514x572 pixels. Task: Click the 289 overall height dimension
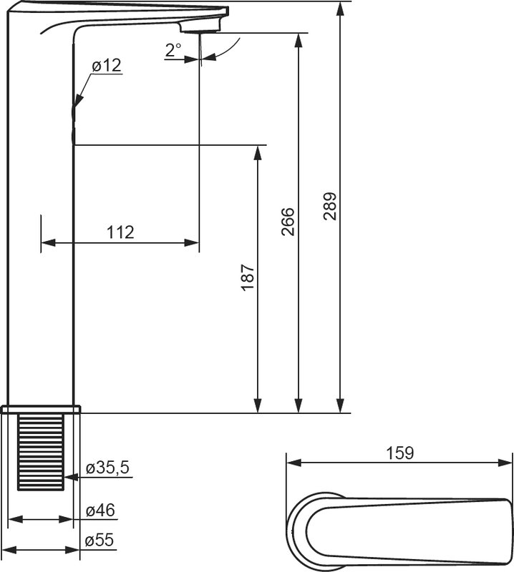pyautogui.click(x=330, y=206)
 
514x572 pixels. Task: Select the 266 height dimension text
pyautogui.click(x=288, y=222)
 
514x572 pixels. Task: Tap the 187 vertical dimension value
pyautogui.click(x=248, y=277)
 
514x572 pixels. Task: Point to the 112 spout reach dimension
pyautogui.click(x=120, y=232)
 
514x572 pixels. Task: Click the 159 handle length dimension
pyautogui.click(x=400, y=453)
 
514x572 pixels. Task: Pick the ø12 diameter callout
pyautogui.click(x=107, y=66)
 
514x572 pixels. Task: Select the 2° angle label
pyautogui.click(x=173, y=50)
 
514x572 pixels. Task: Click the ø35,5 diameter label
pyautogui.click(x=108, y=468)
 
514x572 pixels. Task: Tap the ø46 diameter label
pyautogui.click(x=100, y=510)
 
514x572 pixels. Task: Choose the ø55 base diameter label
pyautogui.click(x=100, y=541)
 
